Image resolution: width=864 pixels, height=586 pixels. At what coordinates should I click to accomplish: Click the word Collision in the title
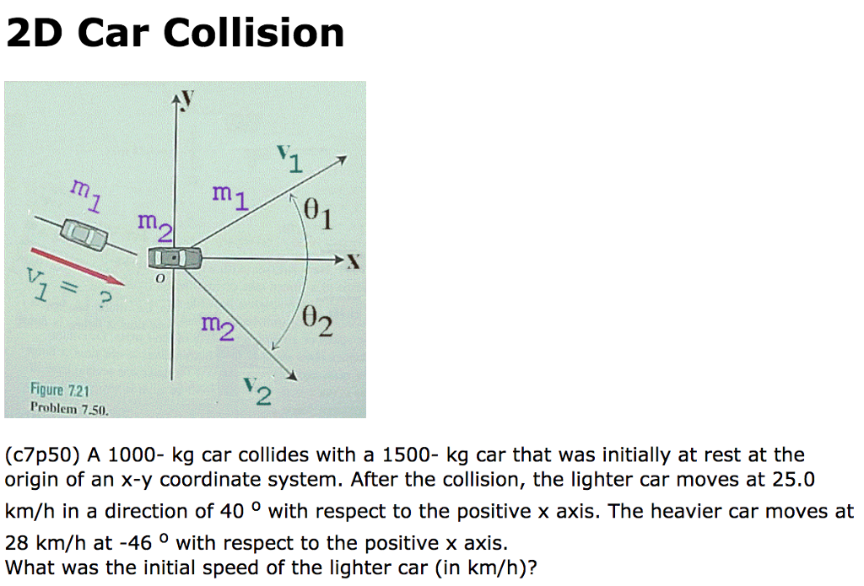coord(253,34)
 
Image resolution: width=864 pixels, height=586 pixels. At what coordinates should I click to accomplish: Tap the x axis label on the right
coord(354,261)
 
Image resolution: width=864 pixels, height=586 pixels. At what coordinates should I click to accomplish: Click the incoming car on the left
coord(84,234)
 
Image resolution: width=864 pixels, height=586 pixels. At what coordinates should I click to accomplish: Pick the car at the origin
coord(175,257)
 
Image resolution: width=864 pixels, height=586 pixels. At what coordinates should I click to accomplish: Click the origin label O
coord(157,277)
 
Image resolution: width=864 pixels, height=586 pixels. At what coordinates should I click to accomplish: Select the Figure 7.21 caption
coord(60,390)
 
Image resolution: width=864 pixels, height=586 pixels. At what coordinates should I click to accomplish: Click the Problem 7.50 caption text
coord(69,408)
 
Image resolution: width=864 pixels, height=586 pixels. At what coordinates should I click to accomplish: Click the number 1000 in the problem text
coord(136,455)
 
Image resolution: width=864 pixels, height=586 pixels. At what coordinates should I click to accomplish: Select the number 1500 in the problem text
coord(411,455)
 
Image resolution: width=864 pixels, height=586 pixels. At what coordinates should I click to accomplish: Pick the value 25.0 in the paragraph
coord(795,480)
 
